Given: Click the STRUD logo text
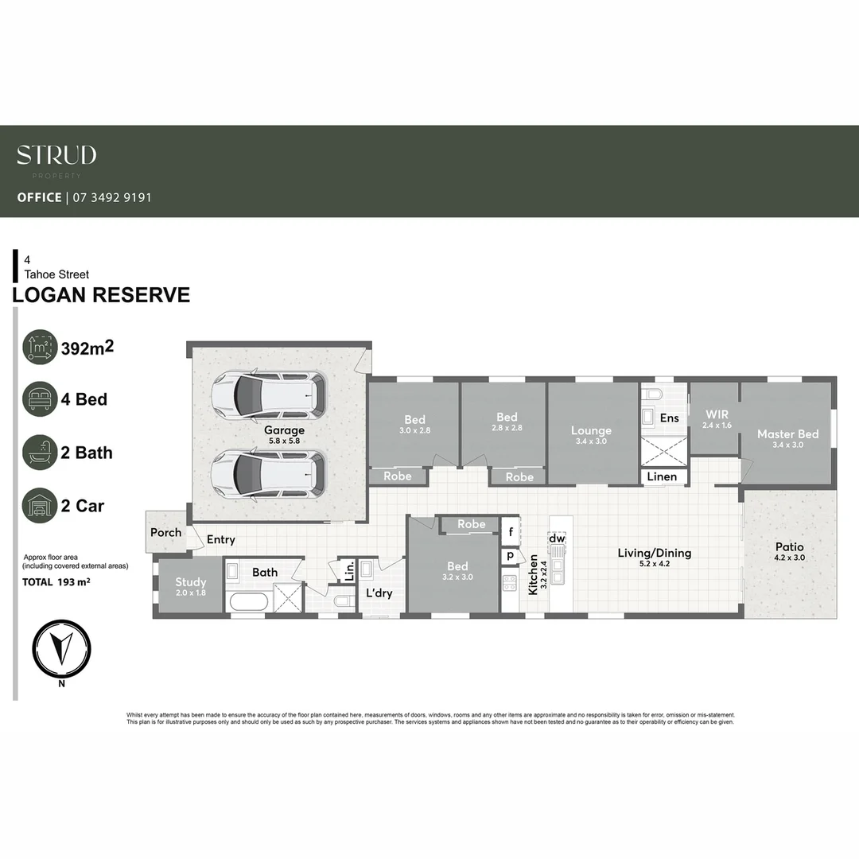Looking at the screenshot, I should pyautogui.click(x=56, y=154).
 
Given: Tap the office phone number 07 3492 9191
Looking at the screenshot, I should pyautogui.click(x=111, y=197).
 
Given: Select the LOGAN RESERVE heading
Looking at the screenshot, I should pyautogui.click(x=101, y=295).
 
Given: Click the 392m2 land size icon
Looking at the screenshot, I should pyautogui.click(x=40, y=347).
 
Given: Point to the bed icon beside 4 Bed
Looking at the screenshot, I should pyautogui.click(x=40, y=399).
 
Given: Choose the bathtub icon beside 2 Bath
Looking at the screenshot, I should pyautogui.click(x=40, y=453).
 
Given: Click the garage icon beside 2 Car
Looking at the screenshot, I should pyautogui.click(x=40, y=506).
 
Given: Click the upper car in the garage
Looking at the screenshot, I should pyautogui.click(x=269, y=396).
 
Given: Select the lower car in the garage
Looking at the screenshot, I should pyautogui.click(x=269, y=474).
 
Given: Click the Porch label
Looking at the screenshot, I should pyautogui.click(x=166, y=533).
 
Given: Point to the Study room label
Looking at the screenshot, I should pyautogui.click(x=191, y=582).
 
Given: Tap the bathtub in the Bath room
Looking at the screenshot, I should pyautogui.click(x=247, y=601).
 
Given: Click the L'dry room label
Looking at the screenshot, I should pyautogui.click(x=379, y=593).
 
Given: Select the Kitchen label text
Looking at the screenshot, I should pyautogui.click(x=533, y=574).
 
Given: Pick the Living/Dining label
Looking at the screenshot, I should pyautogui.click(x=655, y=553).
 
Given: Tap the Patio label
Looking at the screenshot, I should pyautogui.click(x=790, y=547).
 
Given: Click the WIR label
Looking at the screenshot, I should pyautogui.click(x=717, y=415).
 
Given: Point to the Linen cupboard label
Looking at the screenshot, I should pyautogui.click(x=662, y=477).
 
